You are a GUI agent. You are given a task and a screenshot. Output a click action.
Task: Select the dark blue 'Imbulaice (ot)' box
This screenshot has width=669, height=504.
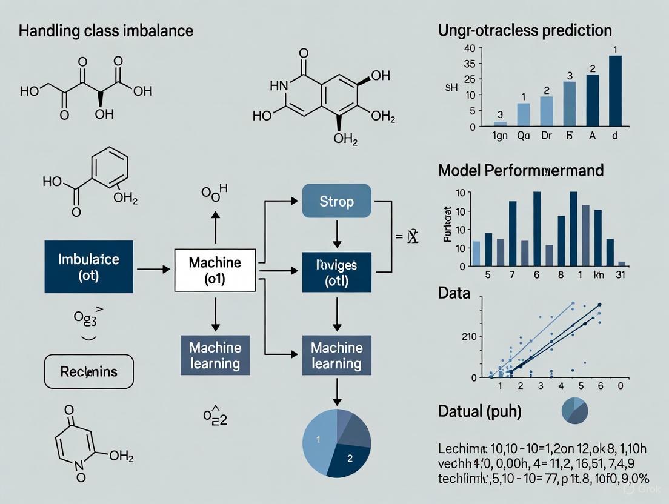click(88, 267)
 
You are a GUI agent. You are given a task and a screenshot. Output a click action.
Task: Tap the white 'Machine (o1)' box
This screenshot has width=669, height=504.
click(215, 270)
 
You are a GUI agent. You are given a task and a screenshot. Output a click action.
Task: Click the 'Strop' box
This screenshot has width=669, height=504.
click(336, 201)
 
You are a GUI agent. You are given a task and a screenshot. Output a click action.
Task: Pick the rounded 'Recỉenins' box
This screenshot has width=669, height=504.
click(89, 371)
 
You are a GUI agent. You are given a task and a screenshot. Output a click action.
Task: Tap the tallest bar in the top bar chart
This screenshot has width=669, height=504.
click(615, 90)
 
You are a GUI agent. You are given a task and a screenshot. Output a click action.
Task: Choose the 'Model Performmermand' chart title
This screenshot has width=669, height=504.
click(521, 170)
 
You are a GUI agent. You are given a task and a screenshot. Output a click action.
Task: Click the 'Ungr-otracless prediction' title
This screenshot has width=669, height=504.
click(525, 30)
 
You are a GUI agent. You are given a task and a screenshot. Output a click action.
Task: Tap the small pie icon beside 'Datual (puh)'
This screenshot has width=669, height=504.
click(574, 410)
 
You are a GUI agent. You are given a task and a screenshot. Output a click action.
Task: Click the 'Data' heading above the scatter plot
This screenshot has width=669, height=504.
click(454, 294)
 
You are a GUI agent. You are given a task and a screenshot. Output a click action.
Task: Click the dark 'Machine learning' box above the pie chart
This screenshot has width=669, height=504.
click(336, 355)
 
